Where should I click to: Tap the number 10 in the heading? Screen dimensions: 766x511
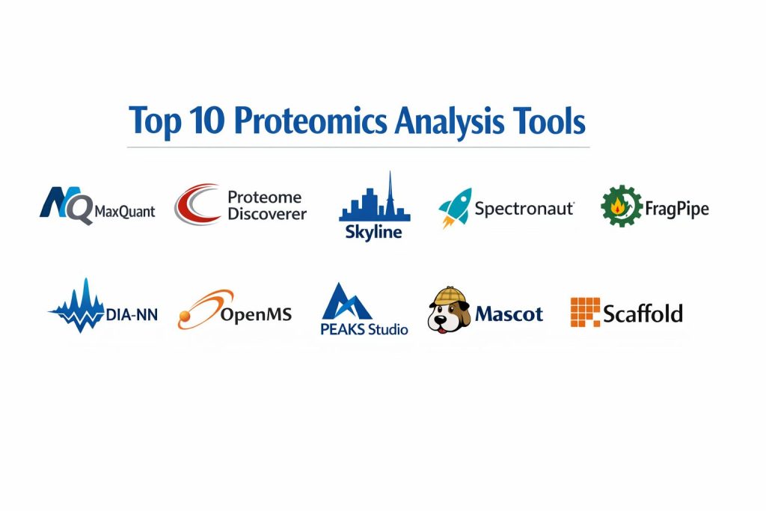click(x=207, y=120)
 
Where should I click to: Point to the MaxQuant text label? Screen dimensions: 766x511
click(x=125, y=212)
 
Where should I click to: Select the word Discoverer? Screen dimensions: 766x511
click(x=267, y=214)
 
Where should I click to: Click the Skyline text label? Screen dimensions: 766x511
click(x=374, y=232)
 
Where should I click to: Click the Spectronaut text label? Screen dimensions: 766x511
click(x=524, y=209)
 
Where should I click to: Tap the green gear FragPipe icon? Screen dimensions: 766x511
click(x=622, y=206)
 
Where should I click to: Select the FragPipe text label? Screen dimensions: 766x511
click(x=677, y=209)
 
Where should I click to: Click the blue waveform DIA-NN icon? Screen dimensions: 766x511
click(x=78, y=305)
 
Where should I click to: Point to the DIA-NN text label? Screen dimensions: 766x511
click(x=132, y=315)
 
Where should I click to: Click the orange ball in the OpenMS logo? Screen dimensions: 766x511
click(x=185, y=316)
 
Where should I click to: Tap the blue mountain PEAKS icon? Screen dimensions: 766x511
click(x=346, y=302)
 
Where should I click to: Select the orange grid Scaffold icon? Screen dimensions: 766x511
click(x=585, y=312)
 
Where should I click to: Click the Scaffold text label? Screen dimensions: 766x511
click(x=643, y=313)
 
